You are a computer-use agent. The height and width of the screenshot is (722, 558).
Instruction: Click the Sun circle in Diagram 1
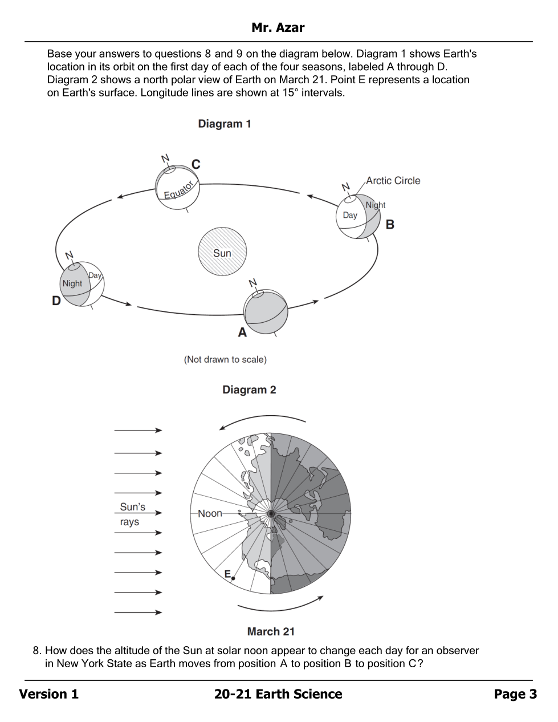click(x=222, y=252)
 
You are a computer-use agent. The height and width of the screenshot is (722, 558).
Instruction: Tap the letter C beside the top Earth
click(x=195, y=164)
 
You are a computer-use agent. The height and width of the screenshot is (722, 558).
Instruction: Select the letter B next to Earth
click(x=390, y=224)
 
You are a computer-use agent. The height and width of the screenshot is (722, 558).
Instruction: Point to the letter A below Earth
click(x=242, y=332)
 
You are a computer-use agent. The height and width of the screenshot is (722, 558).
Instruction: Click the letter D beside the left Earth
click(x=56, y=301)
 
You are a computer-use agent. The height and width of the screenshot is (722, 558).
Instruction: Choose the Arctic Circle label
click(x=393, y=181)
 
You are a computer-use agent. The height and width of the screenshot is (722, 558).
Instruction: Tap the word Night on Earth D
click(x=72, y=283)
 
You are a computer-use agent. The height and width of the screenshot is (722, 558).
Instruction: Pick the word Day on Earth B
click(x=350, y=215)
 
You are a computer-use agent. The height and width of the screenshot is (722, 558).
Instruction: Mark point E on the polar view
click(x=233, y=578)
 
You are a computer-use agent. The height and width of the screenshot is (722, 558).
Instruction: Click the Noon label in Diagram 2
click(x=210, y=513)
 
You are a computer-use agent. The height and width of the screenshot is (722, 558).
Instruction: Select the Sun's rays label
click(x=132, y=514)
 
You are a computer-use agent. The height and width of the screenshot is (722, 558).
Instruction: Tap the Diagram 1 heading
click(x=225, y=124)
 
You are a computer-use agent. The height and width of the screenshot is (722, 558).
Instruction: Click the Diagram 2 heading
click(x=249, y=390)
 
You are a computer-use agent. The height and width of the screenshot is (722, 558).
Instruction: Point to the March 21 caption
click(x=271, y=631)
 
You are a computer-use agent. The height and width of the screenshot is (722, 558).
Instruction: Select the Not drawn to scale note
click(x=225, y=359)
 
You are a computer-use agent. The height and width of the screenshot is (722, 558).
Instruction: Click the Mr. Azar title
click(x=278, y=27)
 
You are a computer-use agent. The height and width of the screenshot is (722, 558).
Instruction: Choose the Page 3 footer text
click(x=515, y=694)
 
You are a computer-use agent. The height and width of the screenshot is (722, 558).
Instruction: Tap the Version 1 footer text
click(x=49, y=694)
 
